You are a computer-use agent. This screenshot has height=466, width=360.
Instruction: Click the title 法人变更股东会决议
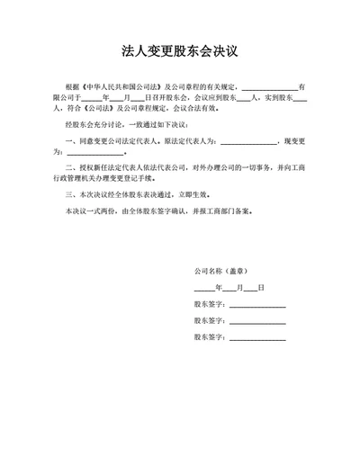click(x=179, y=51)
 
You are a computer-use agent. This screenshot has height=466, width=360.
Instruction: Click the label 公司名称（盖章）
click(x=221, y=271)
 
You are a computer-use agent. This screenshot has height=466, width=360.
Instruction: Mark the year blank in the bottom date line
click(x=203, y=288)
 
